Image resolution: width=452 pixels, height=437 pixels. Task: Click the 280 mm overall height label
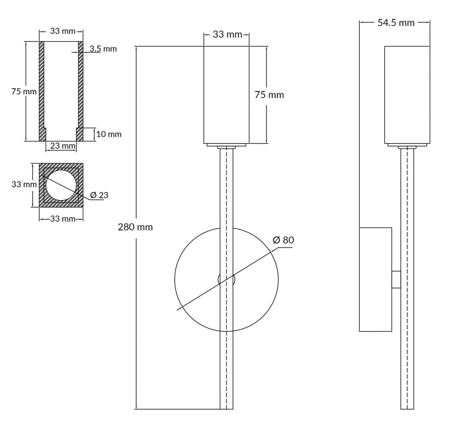click(135, 227)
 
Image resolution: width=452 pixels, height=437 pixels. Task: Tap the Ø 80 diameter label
click(283, 240)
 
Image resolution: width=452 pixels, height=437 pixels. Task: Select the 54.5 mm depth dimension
click(396, 23)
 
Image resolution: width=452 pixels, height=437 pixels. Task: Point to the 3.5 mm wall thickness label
click(103, 49)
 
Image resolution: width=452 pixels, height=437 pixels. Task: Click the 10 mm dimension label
click(109, 134)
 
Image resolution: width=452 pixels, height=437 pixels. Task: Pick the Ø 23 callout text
click(99, 195)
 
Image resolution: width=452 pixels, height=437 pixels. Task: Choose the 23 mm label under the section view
click(63, 146)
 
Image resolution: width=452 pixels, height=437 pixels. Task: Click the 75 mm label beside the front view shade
click(269, 95)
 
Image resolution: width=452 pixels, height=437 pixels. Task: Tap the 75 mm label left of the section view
click(24, 91)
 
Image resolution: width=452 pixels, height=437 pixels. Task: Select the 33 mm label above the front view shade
click(227, 35)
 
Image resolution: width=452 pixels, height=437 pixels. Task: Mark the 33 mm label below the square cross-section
click(63, 219)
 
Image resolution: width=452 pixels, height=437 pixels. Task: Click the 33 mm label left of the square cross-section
click(24, 184)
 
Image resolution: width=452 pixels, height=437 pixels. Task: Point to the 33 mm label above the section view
click(63, 31)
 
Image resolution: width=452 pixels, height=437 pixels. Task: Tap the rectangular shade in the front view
click(226, 95)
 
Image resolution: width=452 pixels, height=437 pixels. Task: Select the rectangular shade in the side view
click(407, 95)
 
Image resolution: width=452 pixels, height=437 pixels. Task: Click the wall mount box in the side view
click(375, 279)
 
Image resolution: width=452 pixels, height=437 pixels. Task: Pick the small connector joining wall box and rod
click(396, 279)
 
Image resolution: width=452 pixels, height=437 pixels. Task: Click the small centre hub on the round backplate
click(226, 279)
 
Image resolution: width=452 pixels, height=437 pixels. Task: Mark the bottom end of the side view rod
click(407, 407)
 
